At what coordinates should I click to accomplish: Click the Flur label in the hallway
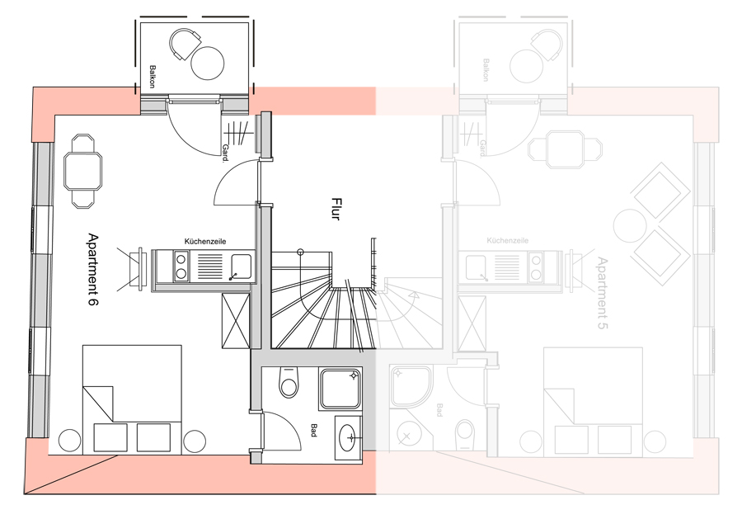pos(336,209)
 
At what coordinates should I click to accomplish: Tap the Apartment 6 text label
pos(93,269)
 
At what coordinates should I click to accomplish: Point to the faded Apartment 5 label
pos(603,293)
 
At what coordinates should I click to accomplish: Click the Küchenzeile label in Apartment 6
pos(205,242)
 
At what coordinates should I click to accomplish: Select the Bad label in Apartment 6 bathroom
pos(313,430)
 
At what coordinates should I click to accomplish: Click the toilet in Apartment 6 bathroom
pos(289,381)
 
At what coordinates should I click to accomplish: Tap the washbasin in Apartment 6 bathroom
pos(349,437)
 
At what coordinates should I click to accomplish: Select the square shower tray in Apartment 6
pos(340,389)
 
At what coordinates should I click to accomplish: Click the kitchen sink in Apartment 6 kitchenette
pos(241,267)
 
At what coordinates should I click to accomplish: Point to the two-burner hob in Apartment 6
pos(181,267)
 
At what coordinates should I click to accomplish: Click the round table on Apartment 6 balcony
pos(207,63)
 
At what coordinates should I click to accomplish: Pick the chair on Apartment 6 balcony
pos(184,44)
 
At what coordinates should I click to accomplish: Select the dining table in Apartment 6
pos(82,171)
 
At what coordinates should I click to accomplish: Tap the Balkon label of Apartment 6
pos(152,76)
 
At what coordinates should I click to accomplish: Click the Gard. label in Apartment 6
pos(225,153)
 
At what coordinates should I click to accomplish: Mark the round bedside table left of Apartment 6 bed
pos(69,441)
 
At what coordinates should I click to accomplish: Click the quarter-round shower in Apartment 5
pos(411,385)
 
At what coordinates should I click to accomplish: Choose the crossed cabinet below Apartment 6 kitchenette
pos(236,321)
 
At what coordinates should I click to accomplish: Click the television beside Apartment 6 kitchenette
pos(136,268)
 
